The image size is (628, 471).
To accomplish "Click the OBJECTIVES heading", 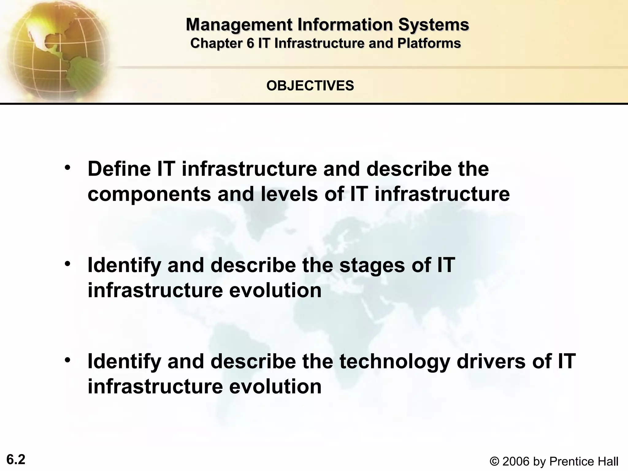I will click(310, 86).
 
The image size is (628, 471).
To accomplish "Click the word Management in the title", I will click(239, 25).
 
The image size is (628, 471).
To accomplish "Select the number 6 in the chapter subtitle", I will click(251, 43).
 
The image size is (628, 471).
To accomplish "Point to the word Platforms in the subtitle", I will click(429, 43).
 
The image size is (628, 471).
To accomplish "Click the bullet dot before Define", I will click(68, 168).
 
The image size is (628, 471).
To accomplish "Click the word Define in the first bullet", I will click(119, 169).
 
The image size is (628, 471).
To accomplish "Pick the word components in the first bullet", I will click(149, 194).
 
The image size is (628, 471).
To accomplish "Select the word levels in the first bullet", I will click(289, 194).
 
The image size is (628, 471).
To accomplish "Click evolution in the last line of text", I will click(275, 386).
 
